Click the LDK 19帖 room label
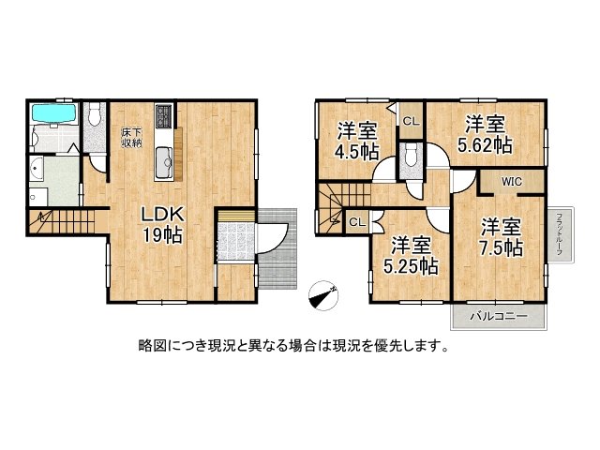pos(161,222)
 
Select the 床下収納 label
pos(130,137)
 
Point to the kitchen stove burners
pos(163,117)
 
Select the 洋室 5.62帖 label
pos(485,134)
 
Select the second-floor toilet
pos(410,158)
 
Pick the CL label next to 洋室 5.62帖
pos(411,121)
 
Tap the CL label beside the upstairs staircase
pos(356,222)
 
